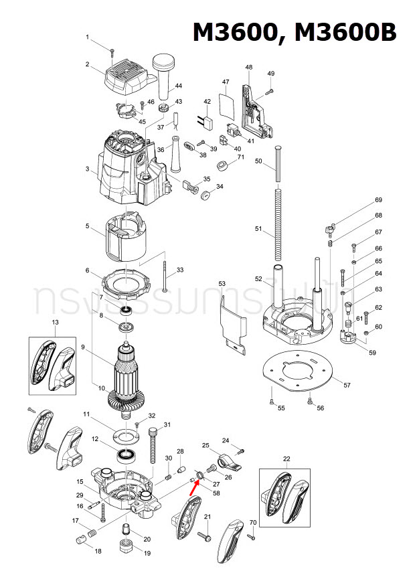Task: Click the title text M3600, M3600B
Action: (295, 32)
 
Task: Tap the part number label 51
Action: (258, 228)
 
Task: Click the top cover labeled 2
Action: (129, 79)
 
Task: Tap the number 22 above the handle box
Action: (286, 459)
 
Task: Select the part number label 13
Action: (56, 323)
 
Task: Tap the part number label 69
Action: (378, 201)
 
